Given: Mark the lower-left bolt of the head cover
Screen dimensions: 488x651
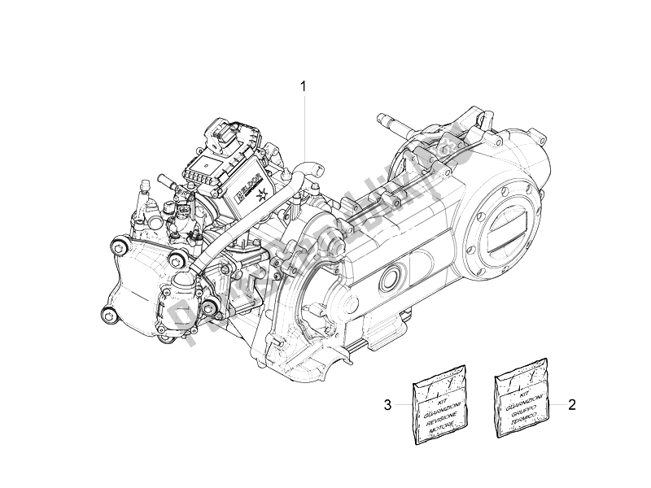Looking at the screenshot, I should (106, 316).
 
